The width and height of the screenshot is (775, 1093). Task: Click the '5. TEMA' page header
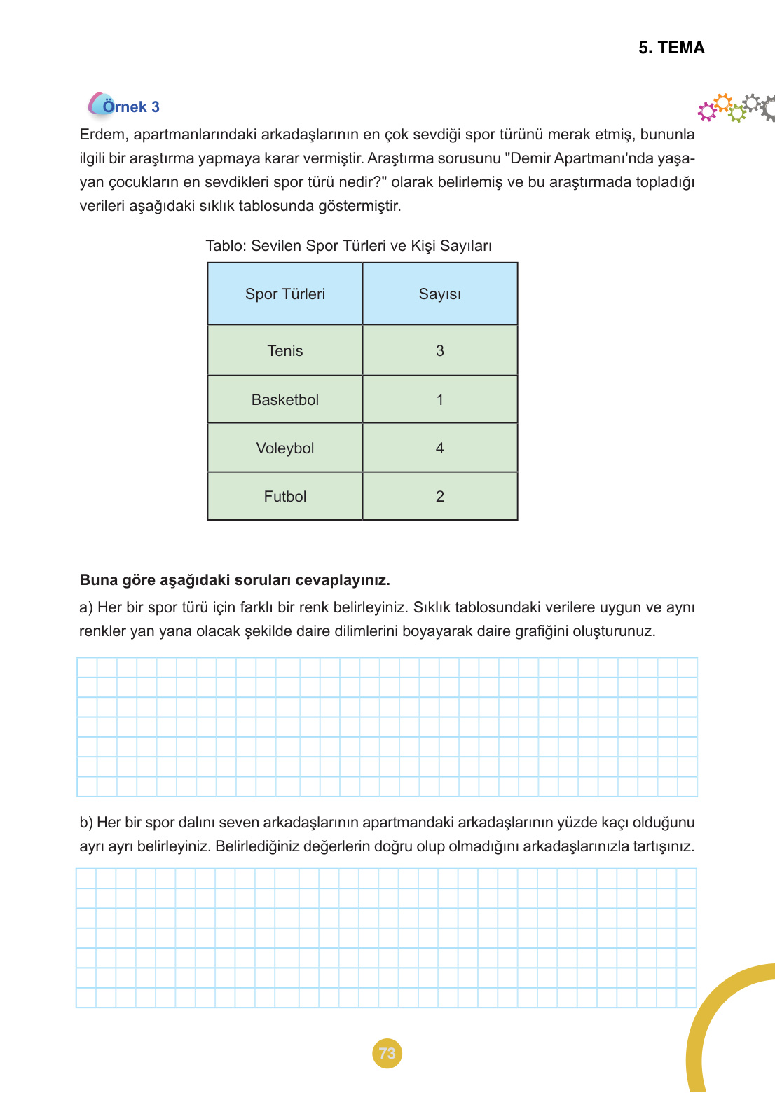[x=671, y=48]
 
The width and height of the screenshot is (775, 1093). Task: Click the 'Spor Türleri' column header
[x=284, y=294]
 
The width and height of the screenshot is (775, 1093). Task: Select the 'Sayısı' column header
[x=439, y=294]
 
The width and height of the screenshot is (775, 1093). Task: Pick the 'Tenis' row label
[x=284, y=351]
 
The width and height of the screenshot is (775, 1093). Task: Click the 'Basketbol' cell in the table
[x=284, y=400]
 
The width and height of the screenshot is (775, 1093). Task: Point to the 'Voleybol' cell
[x=284, y=448]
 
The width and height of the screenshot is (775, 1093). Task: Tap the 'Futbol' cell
[x=284, y=497]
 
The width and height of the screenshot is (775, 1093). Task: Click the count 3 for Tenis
[x=439, y=351]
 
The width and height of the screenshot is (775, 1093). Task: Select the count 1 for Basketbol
[x=439, y=400]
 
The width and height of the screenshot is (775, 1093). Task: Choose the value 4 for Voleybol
[x=439, y=448]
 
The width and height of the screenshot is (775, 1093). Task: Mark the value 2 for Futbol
[x=439, y=497]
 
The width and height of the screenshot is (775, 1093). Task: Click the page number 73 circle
[x=387, y=1053]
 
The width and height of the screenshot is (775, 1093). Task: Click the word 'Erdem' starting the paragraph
[x=102, y=135]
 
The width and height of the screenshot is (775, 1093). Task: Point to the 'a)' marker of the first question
[x=86, y=607]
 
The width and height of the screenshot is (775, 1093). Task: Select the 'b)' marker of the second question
[x=86, y=823]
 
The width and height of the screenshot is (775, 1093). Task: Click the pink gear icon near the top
[x=706, y=111]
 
